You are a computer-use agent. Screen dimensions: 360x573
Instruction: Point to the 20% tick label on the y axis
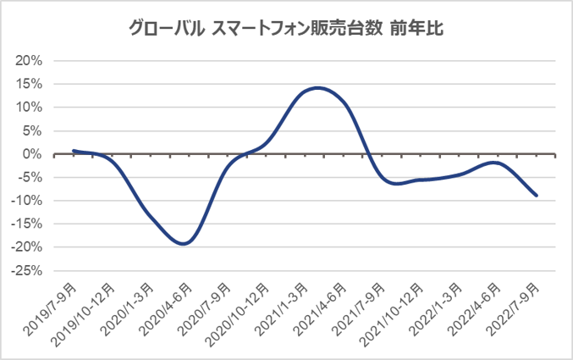click(29, 61)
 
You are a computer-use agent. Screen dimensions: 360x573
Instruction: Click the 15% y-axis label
click(29, 84)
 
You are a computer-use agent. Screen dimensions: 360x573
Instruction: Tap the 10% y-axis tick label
click(29, 108)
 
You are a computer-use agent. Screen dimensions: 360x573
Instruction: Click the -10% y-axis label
click(27, 201)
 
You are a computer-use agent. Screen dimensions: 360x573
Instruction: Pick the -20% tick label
click(27, 247)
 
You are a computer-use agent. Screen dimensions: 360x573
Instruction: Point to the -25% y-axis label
click(27, 270)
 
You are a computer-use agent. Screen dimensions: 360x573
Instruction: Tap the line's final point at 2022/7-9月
click(536, 195)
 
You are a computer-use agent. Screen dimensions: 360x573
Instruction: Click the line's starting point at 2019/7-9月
click(74, 151)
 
